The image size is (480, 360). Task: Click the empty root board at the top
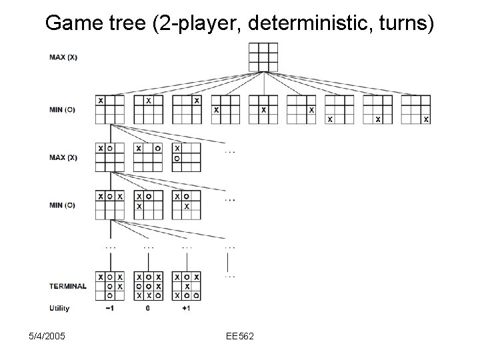[x=263, y=57]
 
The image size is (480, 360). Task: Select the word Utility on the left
[x=59, y=309]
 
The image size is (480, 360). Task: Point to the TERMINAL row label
[x=67, y=286]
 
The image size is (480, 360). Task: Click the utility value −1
[x=110, y=309]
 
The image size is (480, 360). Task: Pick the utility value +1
[x=186, y=309]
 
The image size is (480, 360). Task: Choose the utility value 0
[x=147, y=309]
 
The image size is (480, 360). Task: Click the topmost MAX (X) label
[x=63, y=57]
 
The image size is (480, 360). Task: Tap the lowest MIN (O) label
[x=63, y=205]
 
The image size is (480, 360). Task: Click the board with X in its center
[x=263, y=110]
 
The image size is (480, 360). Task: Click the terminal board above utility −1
[x=110, y=286]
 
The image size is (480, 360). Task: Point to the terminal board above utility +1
[x=186, y=286]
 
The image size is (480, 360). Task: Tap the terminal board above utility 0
[x=148, y=286]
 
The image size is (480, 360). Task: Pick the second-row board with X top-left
[x=110, y=110]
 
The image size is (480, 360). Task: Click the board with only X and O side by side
[x=110, y=158]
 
